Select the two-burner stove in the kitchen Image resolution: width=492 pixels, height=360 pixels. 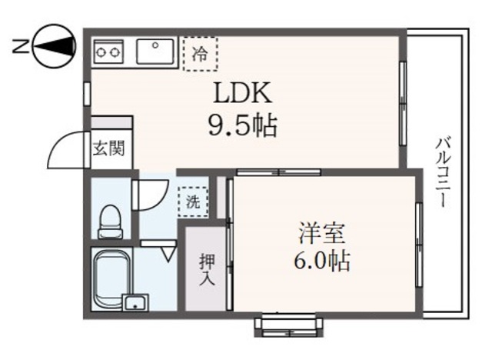coord(109,52)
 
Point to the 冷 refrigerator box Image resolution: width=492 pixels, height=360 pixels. coord(200,53)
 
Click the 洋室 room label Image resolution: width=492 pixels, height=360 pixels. coord(324,232)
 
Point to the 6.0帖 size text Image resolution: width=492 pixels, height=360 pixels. coord(324,262)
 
